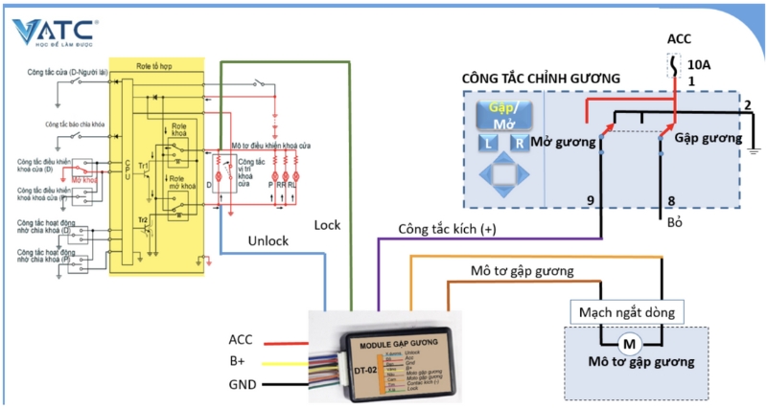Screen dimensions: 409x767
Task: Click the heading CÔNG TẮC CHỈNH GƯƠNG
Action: pos(541,78)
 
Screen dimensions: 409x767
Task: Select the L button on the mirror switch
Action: pos(488,144)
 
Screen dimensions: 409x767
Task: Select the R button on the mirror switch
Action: pos(519,144)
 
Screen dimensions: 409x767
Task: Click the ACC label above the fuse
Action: pos(679,38)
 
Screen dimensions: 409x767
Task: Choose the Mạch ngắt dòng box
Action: pos(629,311)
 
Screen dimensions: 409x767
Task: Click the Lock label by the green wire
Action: pos(327,225)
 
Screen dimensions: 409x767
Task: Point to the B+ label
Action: pos(239,361)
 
